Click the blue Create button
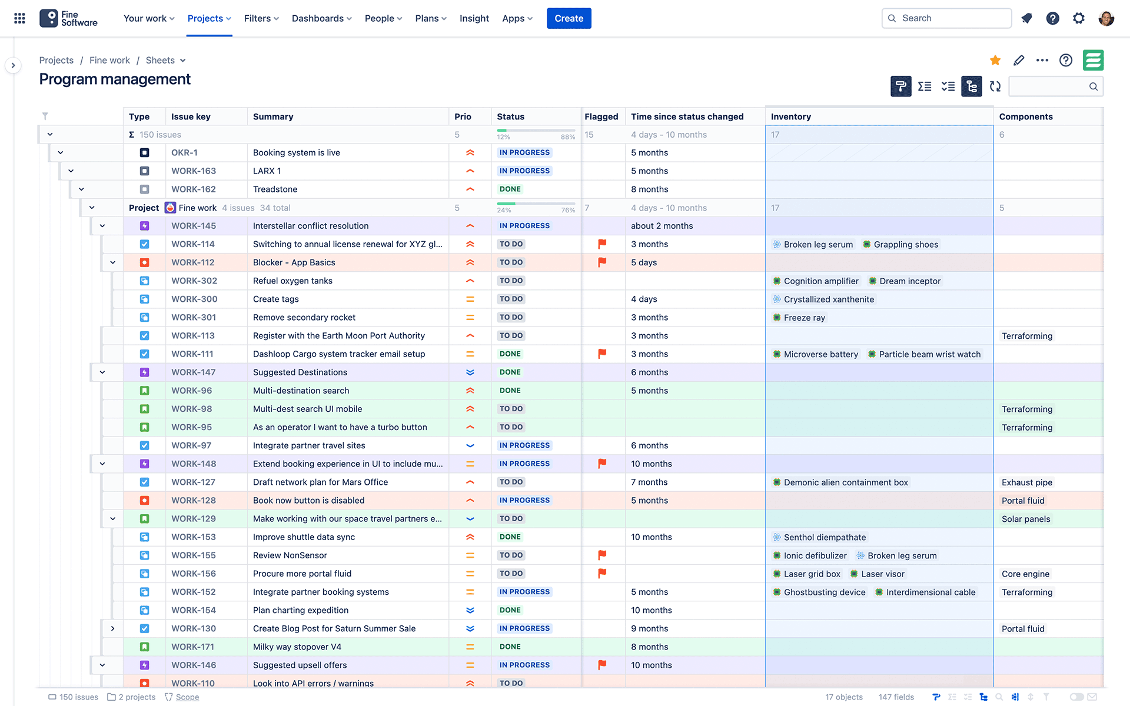coord(569,18)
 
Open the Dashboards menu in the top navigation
coord(321,18)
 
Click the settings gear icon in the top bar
coord(1078,18)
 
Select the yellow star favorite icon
coord(995,60)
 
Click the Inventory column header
coord(790,116)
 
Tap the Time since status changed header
coord(687,116)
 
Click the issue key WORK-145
coord(194,226)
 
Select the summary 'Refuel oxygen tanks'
coord(293,281)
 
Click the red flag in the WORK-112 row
coord(602,262)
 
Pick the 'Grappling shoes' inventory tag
coord(905,245)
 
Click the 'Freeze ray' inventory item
coord(804,318)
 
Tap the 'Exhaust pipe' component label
coord(1026,482)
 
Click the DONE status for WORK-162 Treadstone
coord(510,189)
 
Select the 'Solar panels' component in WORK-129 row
coord(1025,519)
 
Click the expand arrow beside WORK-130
coord(112,628)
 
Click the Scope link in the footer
coord(187,697)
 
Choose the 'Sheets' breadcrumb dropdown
coord(165,60)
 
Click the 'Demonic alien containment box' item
coord(845,482)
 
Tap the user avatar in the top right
coord(1106,18)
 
